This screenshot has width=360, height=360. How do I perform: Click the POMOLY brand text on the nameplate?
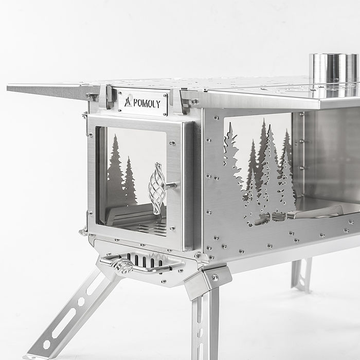point(147,104)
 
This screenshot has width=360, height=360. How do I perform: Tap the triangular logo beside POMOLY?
point(128,102)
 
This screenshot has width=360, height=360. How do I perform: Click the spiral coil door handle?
point(157,188)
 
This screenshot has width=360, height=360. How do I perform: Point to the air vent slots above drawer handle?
point(145,260)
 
